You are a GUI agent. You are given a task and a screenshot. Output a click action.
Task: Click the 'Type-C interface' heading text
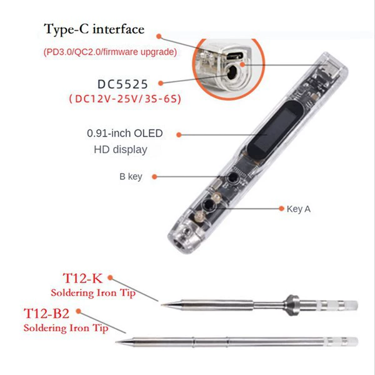pyautogui.click(x=94, y=30)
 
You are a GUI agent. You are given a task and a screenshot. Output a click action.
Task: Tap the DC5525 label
pyautogui.click(x=122, y=84)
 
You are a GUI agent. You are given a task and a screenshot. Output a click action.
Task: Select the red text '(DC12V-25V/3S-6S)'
pyautogui.click(x=125, y=99)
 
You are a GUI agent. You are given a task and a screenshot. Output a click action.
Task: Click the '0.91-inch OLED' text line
pyautogui.click(x=125, y=133)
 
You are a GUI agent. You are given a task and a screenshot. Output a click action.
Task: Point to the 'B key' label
pyautogui.click(x=131, y=177)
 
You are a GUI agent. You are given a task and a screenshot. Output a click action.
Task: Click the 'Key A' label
pyautogui.click(x=299, y=209)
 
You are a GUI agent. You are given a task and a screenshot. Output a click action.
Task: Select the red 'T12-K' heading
pyautogui.click(x=82, y=278)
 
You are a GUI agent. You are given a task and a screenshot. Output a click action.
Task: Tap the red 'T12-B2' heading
pyautogui.click(x=47, y=314)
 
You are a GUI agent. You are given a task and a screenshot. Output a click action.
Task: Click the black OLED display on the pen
pyautogui.click(x=275, y=131)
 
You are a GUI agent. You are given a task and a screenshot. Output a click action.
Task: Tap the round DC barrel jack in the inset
pyautogui.click(x=231, y=72)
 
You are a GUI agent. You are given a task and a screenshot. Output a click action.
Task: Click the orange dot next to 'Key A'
pyautogui.click(x=281, y=209)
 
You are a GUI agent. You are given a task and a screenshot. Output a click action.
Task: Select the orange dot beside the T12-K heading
pyautogui.click(x=110, y=277)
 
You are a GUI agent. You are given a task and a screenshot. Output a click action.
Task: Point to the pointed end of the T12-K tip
pyautogui.click(x=161, y=305)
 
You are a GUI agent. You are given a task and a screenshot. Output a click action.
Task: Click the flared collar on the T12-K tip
pyautogui.click(x=291, y=305)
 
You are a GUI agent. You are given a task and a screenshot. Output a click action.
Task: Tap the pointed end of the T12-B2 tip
pyautogui.click(x=116, y=342)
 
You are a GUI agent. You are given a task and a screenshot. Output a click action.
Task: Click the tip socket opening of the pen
pyautogui.click(x=177, y=245)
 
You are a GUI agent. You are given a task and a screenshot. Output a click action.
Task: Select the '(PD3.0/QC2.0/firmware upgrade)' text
pyautogui.click(x=110, y=52)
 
